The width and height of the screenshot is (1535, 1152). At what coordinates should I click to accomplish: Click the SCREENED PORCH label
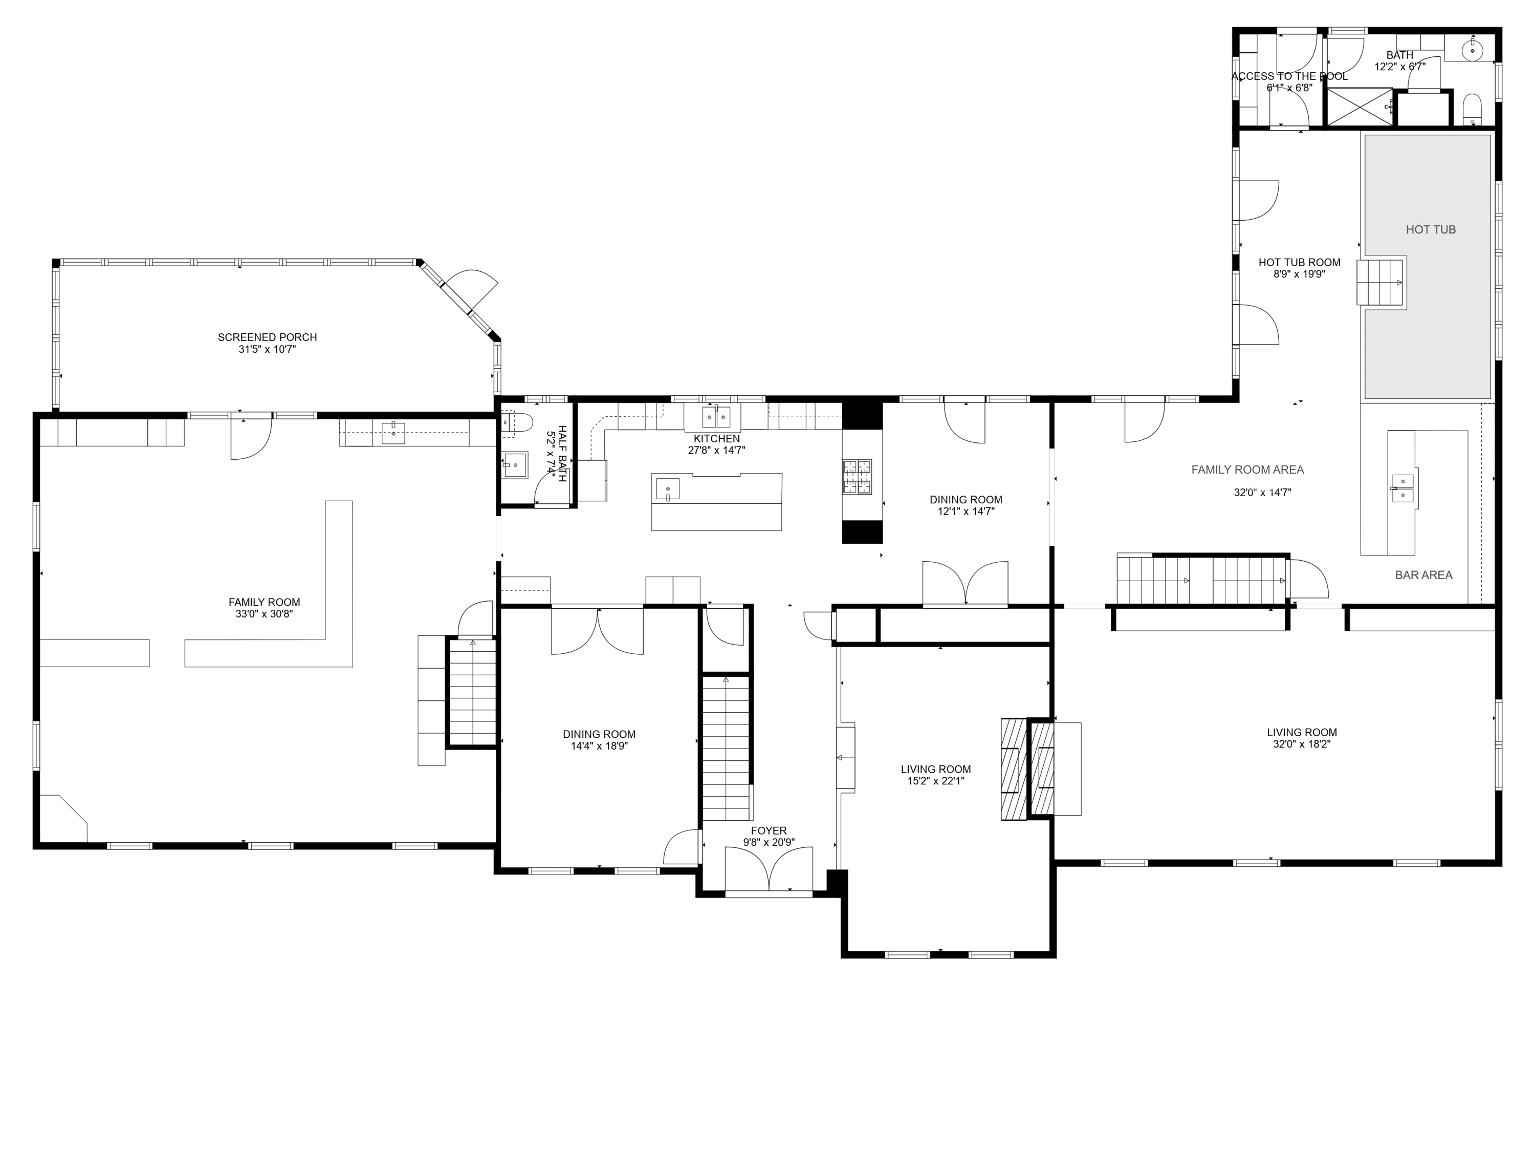pyautogui.click(x=267, y=337)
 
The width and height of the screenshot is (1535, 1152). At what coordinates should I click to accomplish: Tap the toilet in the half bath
pyautogui.click(x=518, y=421)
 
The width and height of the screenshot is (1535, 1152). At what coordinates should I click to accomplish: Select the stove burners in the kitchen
pyautogui.click(x=857, y=477)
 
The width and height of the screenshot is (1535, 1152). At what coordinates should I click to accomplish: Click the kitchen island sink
pyautogui.click(x=668, y=489)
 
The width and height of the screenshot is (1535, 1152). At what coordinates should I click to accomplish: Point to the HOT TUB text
pyautogui.click(x=1430, y=230)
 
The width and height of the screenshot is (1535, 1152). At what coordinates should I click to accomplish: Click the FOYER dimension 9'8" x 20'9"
pyautogui.click(x=768, y=842)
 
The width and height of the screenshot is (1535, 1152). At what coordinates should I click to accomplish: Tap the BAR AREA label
pyautogui.click(x=1423, y=575)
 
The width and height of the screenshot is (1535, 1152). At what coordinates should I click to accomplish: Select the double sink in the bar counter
pyautogui.click(x=1402, y=488)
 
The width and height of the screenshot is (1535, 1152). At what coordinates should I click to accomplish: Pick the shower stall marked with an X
pyautogui.click(x=1359, y=107)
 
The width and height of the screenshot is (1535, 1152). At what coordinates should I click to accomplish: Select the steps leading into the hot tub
pyautogui.click(x=1381, y=283)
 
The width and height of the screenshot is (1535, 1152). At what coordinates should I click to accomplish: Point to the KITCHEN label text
pyautogui.click(x=716, y=439)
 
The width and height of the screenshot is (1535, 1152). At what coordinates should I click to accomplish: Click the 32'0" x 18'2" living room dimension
pyautogui.click(x=1301, y=744)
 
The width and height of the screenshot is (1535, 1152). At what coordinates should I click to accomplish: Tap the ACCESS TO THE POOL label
pyautogui.click(x=1289, y=76)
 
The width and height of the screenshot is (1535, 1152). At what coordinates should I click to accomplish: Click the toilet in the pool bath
pyautogui.click(x=1472, y=110)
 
